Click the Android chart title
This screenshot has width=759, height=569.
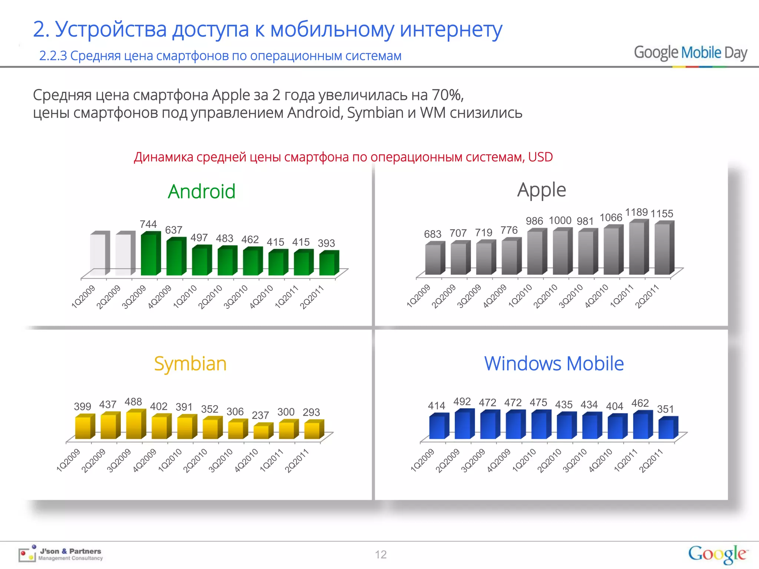coord(202,192)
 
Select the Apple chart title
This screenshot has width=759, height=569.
coord(541,190)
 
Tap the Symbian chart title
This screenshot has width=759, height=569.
coord(190,364)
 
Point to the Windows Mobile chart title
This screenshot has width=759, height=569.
coord(554,363)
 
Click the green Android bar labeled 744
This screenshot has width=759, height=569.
coord(149,255)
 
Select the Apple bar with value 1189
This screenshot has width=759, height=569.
coord(637,248)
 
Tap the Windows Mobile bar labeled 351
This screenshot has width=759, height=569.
coord(666,429)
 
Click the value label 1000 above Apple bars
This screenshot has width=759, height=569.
coord(560,220)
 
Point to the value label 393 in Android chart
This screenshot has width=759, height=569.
coord(326,243)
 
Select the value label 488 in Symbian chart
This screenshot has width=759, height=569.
coord(133,402)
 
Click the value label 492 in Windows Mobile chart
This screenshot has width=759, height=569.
coord(462,402)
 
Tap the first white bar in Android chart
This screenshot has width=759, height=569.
coord(98,255)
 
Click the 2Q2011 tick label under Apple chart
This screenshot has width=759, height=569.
coord(647,296)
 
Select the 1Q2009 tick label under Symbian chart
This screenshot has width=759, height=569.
coord(68,460)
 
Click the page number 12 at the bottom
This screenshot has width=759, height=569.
coord(381,555)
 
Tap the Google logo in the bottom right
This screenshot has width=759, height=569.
coord(718,554)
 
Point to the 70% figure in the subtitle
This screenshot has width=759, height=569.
coord(447,95)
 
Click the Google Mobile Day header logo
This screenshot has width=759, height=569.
coord(690,53)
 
